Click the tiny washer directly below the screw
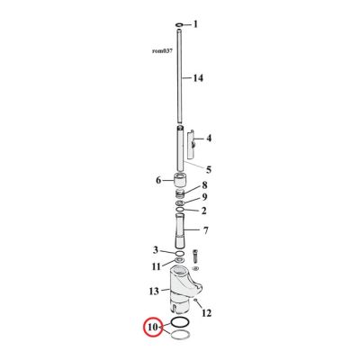[x=197, y=268]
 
